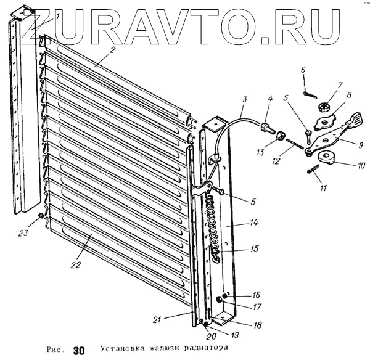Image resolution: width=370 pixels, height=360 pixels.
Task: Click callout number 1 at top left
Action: click(x=57, y=17)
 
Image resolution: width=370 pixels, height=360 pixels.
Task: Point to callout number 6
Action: click(x=303, y=70)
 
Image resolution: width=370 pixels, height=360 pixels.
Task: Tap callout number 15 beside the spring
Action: click(x=236, y=251)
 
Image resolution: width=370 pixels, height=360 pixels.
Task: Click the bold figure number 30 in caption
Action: click(x=78, y=350)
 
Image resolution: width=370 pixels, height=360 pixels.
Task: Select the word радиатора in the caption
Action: click(x=198, y=348)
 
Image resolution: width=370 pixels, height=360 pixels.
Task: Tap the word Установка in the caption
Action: click(x=122, y=348)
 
